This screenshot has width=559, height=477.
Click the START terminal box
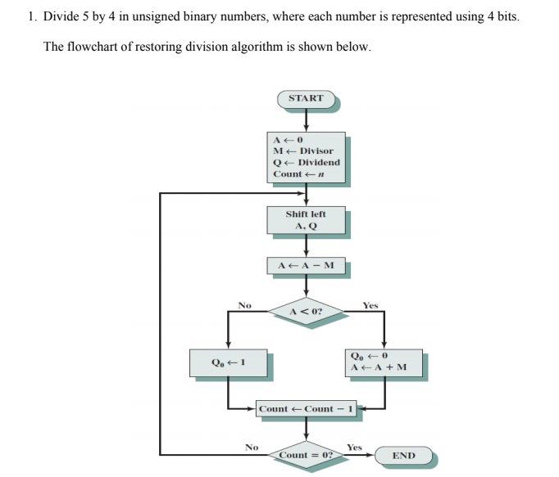coord(306,99)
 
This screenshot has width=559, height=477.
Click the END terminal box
coord(403,456)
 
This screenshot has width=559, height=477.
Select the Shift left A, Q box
coord(306,220)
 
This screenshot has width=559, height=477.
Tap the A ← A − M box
coord(306,266)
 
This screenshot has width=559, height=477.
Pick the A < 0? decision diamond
coord(306,312)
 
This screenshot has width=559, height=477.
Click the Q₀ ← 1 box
coord(228,362)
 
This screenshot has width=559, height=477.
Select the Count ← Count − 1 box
coord(306,409)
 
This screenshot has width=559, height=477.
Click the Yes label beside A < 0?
coord(370,306)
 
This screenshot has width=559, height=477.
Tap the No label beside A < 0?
coord(244,306)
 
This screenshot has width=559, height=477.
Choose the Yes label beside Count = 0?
coord(354,448)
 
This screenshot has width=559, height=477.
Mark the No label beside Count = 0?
coord(252,448)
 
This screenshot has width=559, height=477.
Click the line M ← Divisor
coord(303,151)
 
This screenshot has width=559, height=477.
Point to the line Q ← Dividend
coord(306,162)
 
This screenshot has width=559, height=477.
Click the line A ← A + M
coord(378,367)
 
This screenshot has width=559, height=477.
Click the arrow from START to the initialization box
coord(306,120)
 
